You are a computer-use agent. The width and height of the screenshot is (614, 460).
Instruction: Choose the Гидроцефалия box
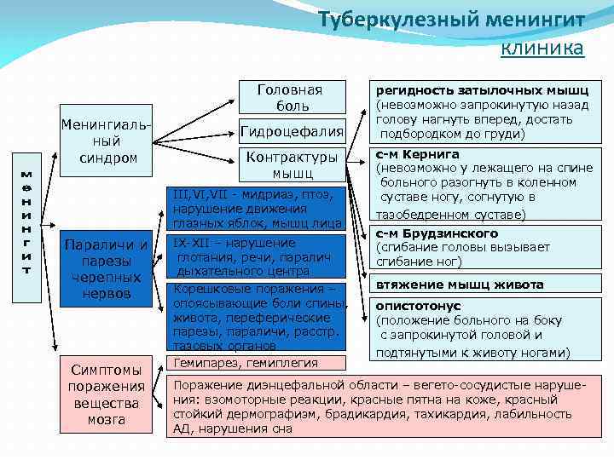(x=293, y=131)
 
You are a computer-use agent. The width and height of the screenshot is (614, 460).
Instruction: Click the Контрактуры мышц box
(x=293, y=164)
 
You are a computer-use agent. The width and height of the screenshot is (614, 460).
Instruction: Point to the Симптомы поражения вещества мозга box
(x=106, y=395)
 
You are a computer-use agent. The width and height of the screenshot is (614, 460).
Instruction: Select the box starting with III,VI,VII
(x=256, y=209)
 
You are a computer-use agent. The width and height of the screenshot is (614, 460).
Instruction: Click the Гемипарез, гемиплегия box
(x=246, y=363)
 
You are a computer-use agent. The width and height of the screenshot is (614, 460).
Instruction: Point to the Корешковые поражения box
(x=256, y=317)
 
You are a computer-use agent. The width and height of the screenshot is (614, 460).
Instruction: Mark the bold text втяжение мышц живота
(x=460, y=285)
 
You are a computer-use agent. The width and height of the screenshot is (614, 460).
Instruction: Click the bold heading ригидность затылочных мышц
(x=482, y=89)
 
